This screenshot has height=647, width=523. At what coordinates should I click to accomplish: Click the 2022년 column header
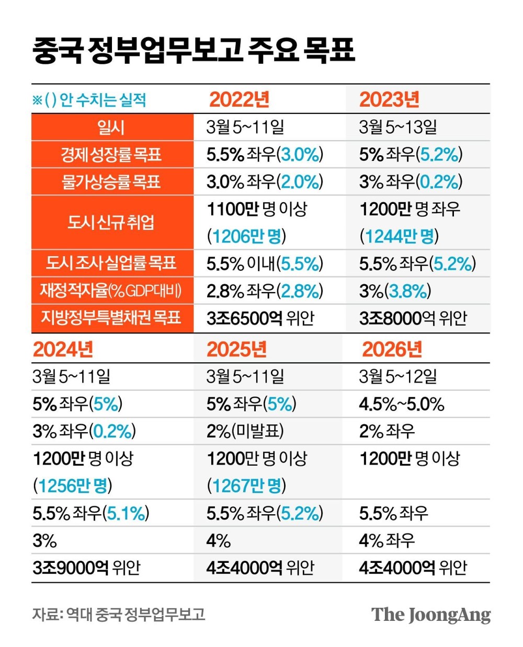pyautogui.click(x=239, y=99)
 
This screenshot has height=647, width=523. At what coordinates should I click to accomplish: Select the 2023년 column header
pyautogui.click(x=390, y=99)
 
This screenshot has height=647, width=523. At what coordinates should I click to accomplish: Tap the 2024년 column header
pyautogui.click(x=63, y=349)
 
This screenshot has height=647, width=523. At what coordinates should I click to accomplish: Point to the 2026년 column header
pyautogui.click(x=392, y=349)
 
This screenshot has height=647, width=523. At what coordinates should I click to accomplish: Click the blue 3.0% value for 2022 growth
pyautogui.click(x=300, y=154)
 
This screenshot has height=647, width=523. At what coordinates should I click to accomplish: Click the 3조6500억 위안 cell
pyautogui.click(x=260, y=318)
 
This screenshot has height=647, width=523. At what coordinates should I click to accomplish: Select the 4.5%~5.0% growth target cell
pyautogui.click(x=402, y=404)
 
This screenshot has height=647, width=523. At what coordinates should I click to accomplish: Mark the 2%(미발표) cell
pyautogui.click(x=245, y=431)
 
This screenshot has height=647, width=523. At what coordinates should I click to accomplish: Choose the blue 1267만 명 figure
pyautogui.click(x=246, y=486)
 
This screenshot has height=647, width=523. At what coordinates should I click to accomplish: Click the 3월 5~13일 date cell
pyautogui.click(x=398, y=127)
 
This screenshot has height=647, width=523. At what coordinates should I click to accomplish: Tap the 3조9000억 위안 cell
pyautogui.click(x=86, y=568)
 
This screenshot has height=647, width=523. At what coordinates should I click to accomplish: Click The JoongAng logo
pyautogui.click(x=431, y=615)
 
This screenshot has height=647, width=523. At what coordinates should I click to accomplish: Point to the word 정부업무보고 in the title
pyautogui.click(x=165, y=50)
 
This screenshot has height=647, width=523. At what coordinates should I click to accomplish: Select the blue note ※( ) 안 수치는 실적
pyautogui.click(x=89, y=99)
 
